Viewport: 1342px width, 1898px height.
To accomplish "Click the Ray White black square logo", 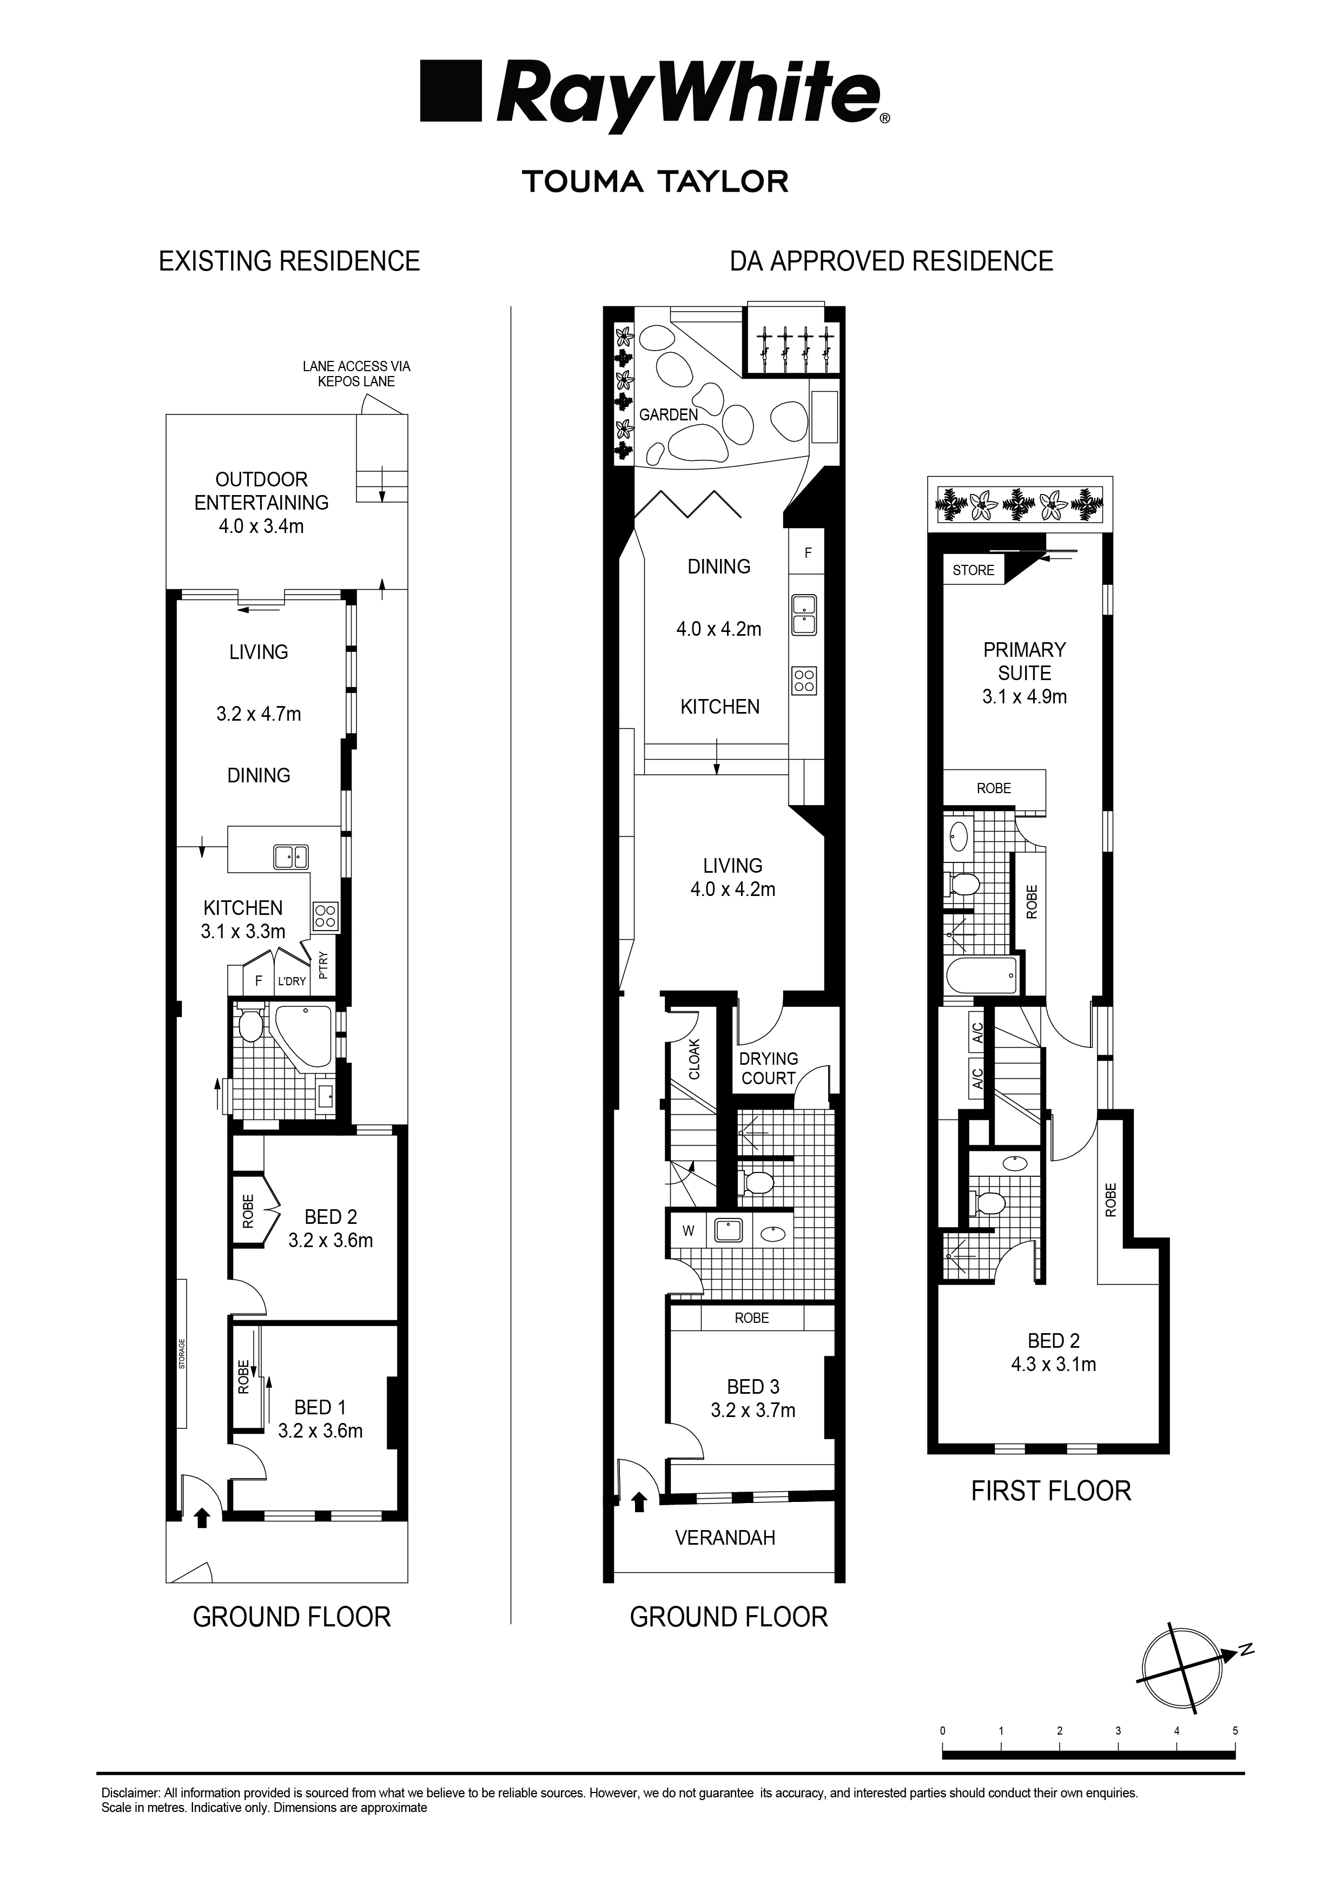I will [x=451, y=91].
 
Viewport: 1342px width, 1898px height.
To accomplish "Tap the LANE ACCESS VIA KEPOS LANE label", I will [x=356, y=374].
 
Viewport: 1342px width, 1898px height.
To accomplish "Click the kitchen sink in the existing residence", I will [x=291, y=857].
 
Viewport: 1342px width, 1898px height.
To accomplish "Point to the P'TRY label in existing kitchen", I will [x=323, y=965].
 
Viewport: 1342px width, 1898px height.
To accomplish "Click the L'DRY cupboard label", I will [x=292, y=981].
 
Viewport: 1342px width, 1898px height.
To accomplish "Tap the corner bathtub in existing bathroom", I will [x=304, y=1033].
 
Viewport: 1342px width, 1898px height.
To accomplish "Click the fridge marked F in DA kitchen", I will [x=808, y=553].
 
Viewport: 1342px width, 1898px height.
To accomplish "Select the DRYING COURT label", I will [x=769, y=1068].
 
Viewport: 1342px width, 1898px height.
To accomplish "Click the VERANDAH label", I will [x=725, y=1538].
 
